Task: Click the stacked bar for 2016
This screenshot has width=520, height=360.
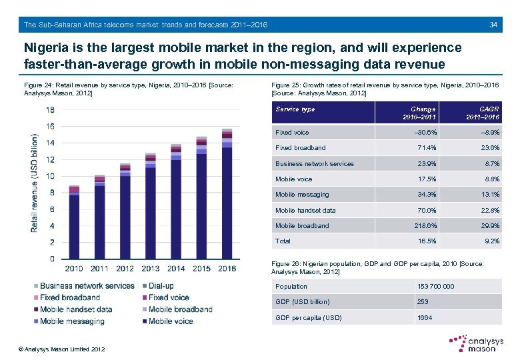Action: (x=227, y=193)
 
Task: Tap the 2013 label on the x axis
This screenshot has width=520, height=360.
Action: (x=151, y=268)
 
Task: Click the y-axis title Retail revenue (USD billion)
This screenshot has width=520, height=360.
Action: (x=34, y=183)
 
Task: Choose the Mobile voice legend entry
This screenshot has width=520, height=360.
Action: (x=170, y=321)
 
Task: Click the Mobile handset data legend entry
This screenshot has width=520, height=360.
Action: (x=75, y=309)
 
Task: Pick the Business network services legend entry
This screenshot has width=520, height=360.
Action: (x=87, y=286)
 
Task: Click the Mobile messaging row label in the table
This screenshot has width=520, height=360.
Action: (x=302, y=195)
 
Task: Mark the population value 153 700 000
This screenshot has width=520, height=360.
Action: (x=435, y=287)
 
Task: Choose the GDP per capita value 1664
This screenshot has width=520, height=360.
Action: (x=425, y=317)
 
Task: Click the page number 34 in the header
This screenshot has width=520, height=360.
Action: (x=493, y=25)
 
